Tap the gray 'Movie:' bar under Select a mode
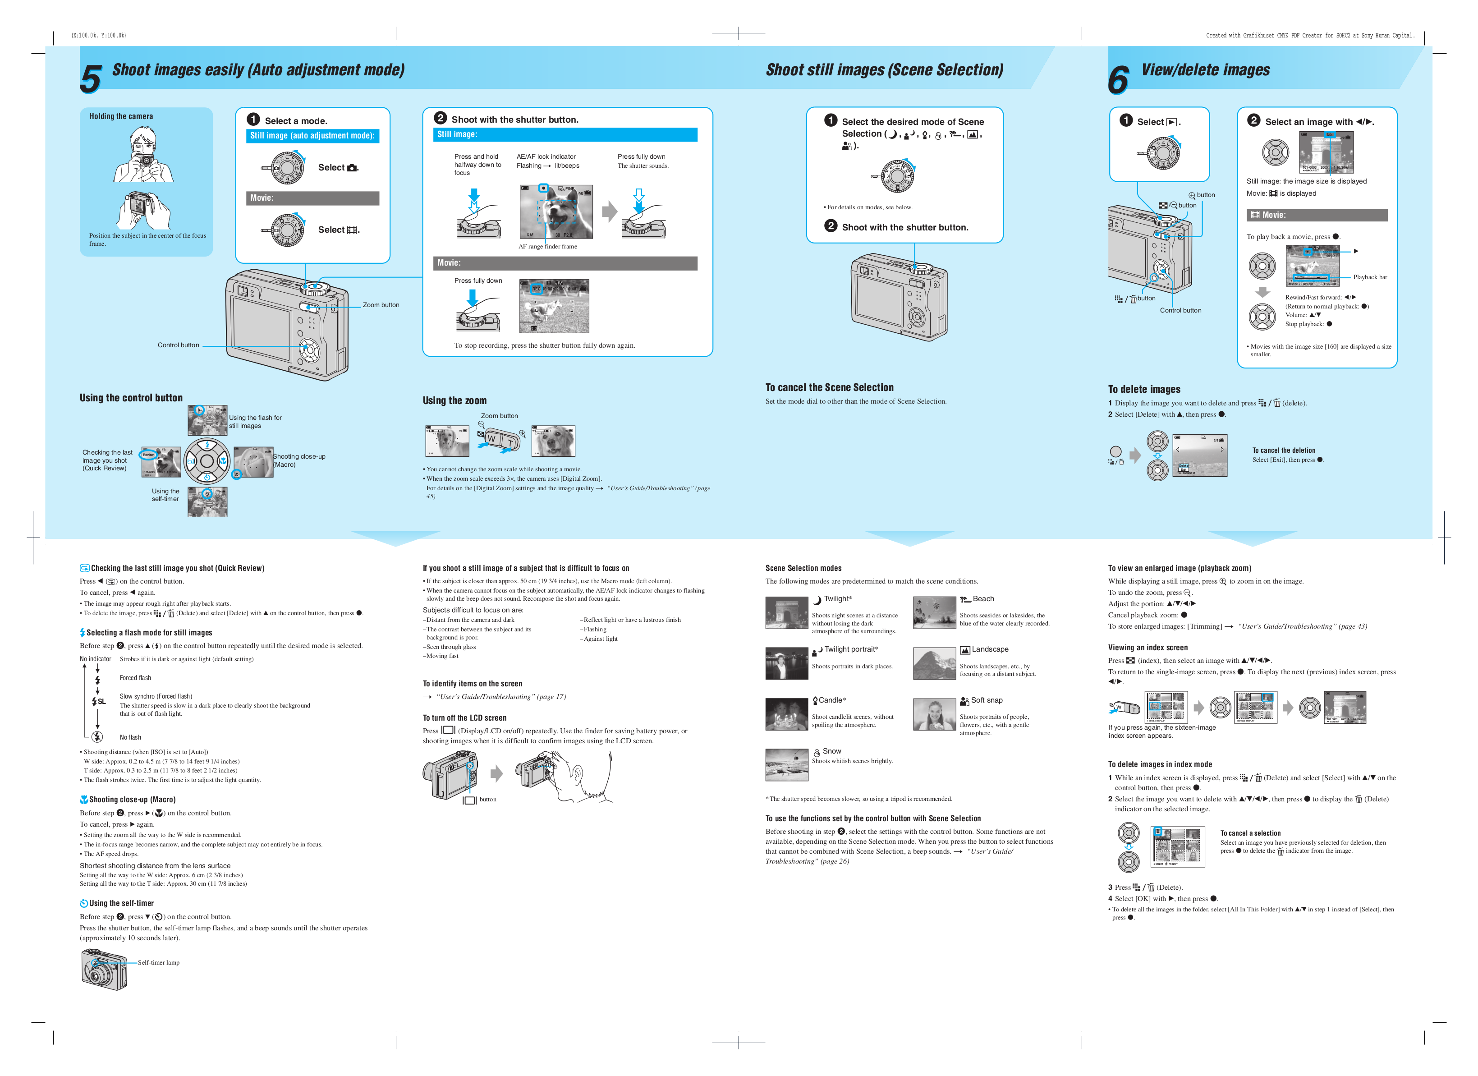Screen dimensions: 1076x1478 pos(312,198)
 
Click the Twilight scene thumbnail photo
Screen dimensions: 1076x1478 pos(787,612)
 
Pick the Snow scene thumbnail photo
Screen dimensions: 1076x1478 pos(787,764)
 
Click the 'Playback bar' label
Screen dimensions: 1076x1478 pos(1370,277)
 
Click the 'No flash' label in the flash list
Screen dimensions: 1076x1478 pos(130,738)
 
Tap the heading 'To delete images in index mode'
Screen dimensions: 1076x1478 pos(1160,764)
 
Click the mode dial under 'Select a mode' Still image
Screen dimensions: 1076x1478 pos(287,167)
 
